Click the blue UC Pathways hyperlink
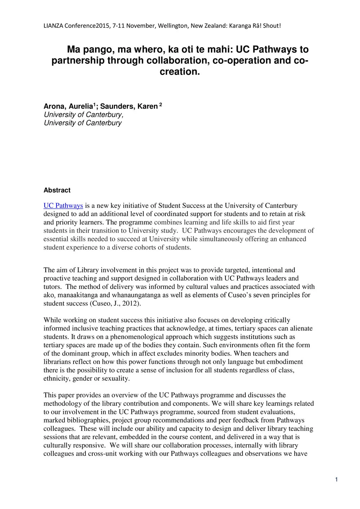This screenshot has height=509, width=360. coord(63,206)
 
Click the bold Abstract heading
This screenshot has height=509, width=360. coord(57,190)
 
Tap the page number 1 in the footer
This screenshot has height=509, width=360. coord(336,479)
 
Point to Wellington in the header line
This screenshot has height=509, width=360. coord(175,26)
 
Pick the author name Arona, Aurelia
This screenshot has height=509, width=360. coord(68,106)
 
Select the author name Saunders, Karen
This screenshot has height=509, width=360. coord(129,106)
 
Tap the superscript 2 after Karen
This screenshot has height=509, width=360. coord(161,105)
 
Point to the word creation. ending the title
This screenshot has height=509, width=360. coord(179,72)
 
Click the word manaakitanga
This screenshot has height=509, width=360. coord(74,295)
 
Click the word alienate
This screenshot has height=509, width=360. coord(301,329)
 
